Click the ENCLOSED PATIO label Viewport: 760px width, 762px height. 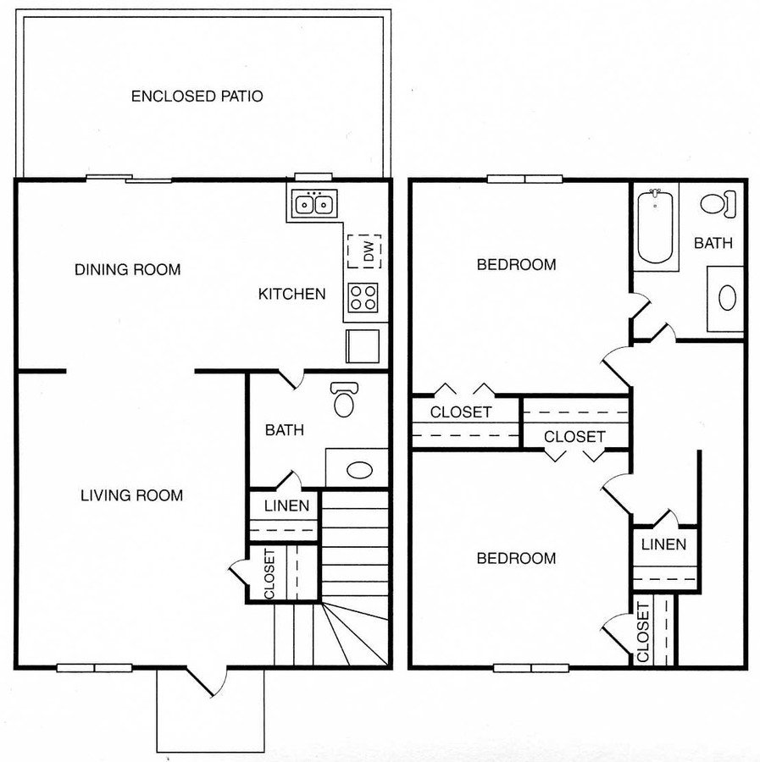coord(197,96)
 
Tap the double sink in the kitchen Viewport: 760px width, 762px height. coord(313,204)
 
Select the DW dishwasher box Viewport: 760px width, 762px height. coord(365,251)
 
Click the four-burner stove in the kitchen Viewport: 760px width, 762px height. coord(363,296)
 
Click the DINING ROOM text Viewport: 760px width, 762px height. coord(127,269)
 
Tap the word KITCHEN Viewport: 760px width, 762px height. coord(291,294)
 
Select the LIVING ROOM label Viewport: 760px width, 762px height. coord(131,494)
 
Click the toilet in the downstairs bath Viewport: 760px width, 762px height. coord(344,399)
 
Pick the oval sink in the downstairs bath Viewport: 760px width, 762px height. coord(359,471)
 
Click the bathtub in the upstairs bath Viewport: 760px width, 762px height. coord(654,227)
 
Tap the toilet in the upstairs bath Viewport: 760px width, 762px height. coord(719,203)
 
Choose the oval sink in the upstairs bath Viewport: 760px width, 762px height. coord(727,297)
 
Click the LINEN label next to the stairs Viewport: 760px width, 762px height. coord(286,506)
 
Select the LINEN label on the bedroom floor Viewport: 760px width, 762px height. coord(663,544)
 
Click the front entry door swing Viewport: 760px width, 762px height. coord(208,681)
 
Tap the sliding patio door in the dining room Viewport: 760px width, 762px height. coord(129,179)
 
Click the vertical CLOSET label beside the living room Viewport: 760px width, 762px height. coord(269,574)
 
